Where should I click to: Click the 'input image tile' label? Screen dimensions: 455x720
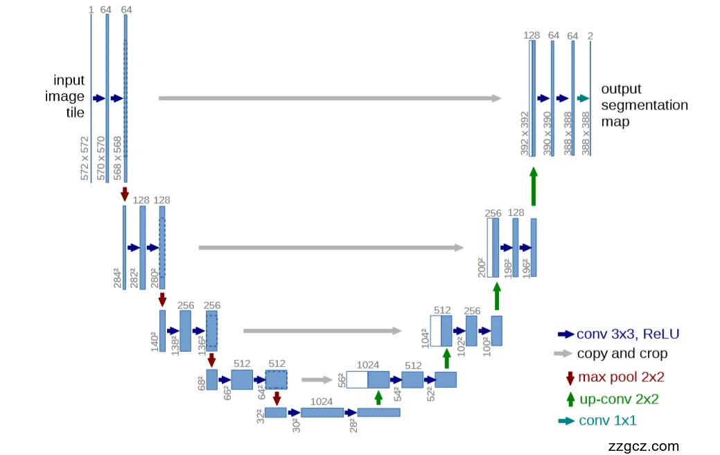click(x=65, y=96)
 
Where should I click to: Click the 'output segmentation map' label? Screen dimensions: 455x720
click(x=644, y=105)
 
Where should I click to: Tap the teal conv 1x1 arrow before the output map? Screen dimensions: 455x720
click(x=582, y=98)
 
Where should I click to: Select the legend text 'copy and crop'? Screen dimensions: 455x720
click(x=622, y=354)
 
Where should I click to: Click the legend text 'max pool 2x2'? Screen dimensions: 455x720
click(x=621, y=377)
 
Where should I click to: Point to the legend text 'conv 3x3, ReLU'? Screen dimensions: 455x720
click(x=628, y=334)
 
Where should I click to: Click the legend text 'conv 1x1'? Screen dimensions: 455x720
click(x=607, y=420)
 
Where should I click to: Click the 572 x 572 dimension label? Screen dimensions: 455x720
click(x=85, y=159)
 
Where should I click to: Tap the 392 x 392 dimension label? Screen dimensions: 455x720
click(x=525, y=132)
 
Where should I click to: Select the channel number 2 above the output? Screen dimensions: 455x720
click(x=590, y=35)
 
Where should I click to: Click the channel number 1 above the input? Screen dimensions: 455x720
click(x=91, y=10)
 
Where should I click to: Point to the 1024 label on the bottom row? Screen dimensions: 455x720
click(x=322, y=401)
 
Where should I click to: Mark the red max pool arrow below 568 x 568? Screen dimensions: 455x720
click(x=125, y=193)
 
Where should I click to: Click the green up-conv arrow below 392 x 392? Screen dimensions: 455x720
click(x=533, y=187)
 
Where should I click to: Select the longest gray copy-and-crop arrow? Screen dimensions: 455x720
click(x=330, y=98)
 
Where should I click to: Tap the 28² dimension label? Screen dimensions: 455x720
click(x=353, y=425)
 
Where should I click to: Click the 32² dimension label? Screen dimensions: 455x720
click(x=260, y=417)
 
